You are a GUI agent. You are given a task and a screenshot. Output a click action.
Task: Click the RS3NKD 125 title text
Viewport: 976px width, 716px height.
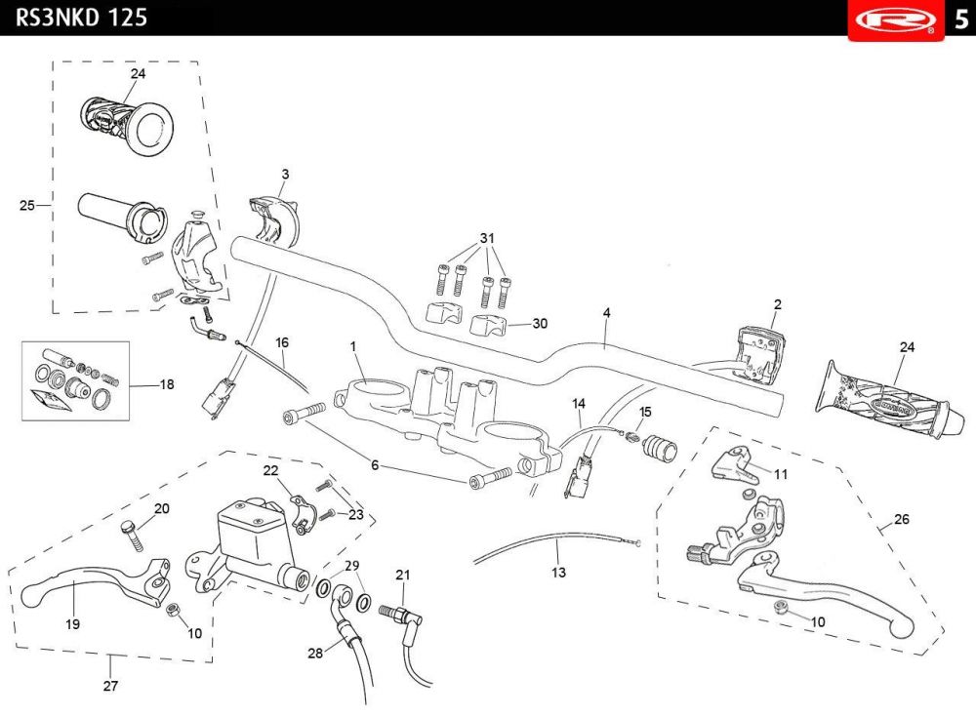(x=82, y=17)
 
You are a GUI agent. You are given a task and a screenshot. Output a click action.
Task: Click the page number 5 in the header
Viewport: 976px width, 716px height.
(x=961, y=20)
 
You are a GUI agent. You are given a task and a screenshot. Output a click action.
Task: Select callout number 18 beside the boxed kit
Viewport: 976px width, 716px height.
(x=167, y=384)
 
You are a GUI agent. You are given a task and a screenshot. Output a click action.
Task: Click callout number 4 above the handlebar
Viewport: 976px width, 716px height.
(x=607, y=312)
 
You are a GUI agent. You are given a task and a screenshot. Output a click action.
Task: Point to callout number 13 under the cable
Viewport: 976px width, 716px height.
(x=558, y=573)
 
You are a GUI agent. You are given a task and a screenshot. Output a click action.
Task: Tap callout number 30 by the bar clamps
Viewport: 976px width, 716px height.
(x=540, y=324)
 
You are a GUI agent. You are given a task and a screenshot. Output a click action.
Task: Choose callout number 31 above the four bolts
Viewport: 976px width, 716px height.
(x=487, y=238)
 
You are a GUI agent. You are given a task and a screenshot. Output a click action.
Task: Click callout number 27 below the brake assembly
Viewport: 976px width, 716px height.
(x=110, y=686)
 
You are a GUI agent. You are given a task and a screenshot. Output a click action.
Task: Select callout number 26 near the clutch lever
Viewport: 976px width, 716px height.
(x=901, y=519)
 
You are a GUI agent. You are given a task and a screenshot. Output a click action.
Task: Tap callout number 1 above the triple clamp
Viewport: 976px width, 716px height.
(x=353, y=346)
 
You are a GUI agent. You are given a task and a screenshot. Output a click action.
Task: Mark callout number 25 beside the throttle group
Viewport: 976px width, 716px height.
(x=26, y=205)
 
